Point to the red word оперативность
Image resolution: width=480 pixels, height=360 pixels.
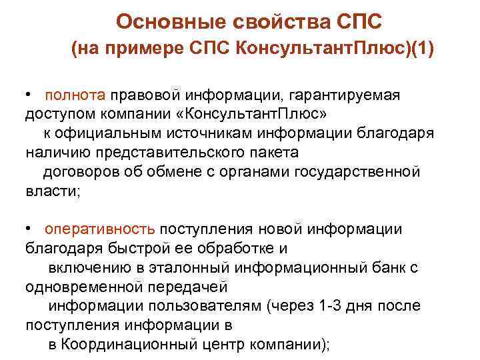[x=101, y=229]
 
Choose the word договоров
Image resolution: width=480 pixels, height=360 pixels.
[x=79, y=172]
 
